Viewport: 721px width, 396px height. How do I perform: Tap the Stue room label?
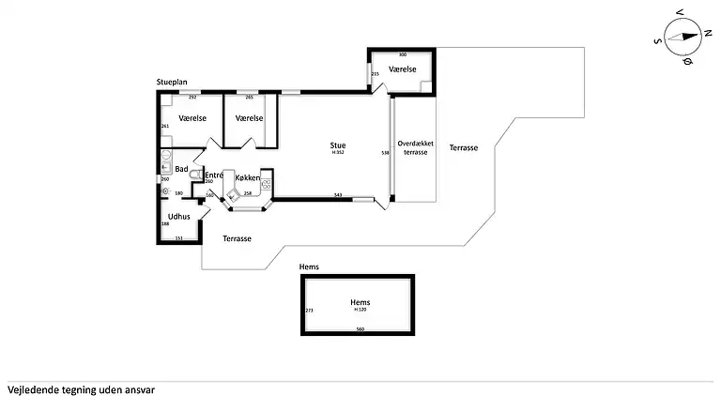pyautogui.click(x=337, y=145)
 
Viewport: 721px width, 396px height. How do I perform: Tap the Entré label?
pyautogui.click(x=214, y=175)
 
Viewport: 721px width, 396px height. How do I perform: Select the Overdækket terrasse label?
pyautogui.click(x=415, y=147)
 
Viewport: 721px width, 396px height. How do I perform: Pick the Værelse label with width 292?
pyautogui.click(x=192, y=118)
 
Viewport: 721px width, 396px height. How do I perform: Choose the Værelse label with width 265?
pyautogui.click(x=249, y=118)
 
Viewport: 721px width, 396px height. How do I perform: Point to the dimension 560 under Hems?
pyautogui.click(x=360, y=329)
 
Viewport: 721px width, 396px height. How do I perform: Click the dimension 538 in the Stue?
pyautogui.click(x=385, y=152)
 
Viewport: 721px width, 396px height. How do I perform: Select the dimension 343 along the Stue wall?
pyautogui.click(x=337, y=195)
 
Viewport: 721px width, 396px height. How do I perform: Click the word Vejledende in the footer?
pyautogui.click(x=33, y=388)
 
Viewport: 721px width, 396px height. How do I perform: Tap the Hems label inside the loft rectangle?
pyautogui.click(x=360, y=302)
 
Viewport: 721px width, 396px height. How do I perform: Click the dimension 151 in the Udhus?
pyautogui.click(x=179, y=238)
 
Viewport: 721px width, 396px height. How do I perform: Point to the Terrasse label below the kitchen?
pyautogui.click(x=237, y=238)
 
